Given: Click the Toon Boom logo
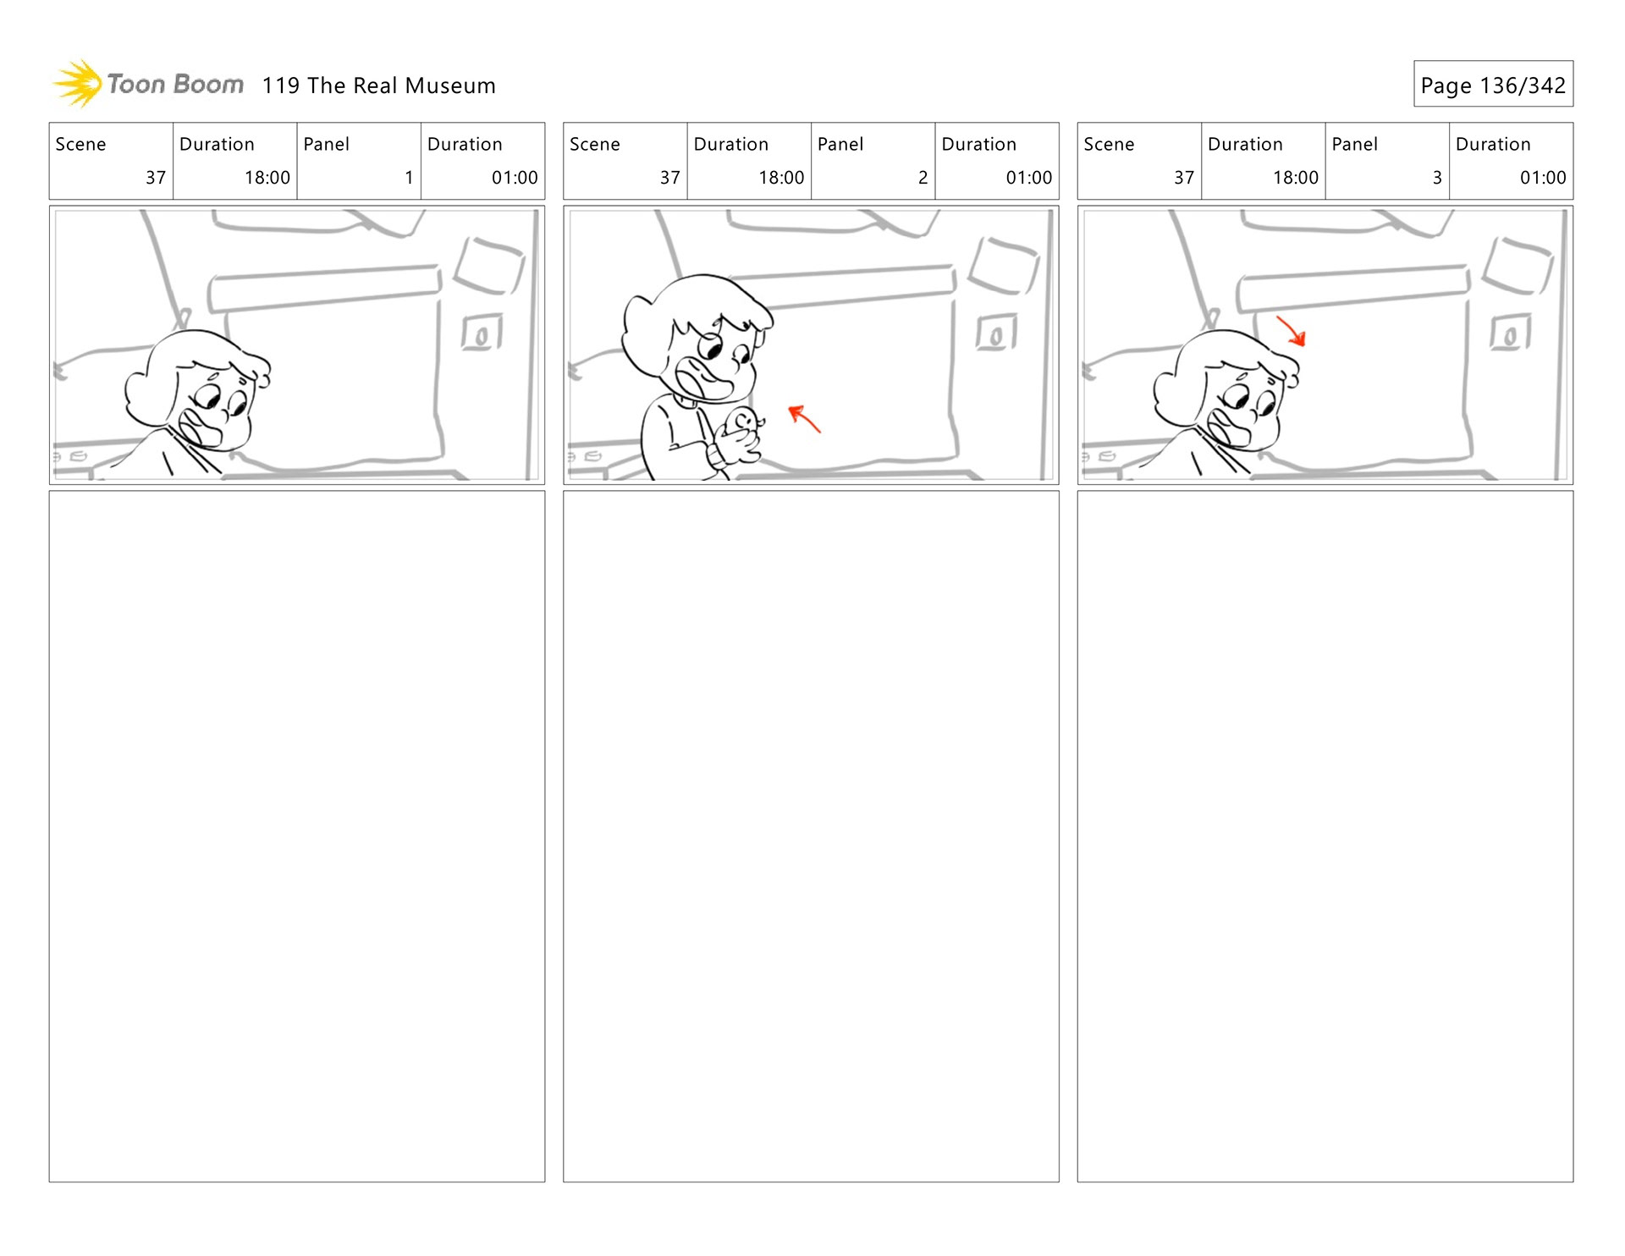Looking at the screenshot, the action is click(x=148, y=84).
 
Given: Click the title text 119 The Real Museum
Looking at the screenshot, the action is click(x=378, y=85).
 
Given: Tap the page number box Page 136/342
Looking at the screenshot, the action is click(x=1493, y=84).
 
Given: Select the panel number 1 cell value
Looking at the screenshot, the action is click(x=409, y=178).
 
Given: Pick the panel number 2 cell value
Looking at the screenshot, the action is click(x=923, y=178).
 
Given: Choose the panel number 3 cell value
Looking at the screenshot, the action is click(x=1437, y=178).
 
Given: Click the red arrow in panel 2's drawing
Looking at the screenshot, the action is click(x=804, y=418).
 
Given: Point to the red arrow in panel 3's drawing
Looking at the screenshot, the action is click(x=1292, y=331).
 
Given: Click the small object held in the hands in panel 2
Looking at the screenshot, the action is click(x=744, y=421).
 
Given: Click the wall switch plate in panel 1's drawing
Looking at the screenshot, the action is click(x=482, y=333).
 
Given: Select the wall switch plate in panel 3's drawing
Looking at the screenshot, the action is click(x=1510, y=333).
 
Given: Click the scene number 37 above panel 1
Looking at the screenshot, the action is click(x=156, y=178).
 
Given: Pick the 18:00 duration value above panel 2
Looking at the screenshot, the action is click(x=781, y=178).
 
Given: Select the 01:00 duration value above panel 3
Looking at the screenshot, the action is click(x=1543, y=178).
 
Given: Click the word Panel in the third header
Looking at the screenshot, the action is click(x=1354, y=144).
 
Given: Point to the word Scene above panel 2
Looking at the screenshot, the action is click(x=595, y=144).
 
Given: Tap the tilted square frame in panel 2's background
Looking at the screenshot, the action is click(x=1004, y=266).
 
